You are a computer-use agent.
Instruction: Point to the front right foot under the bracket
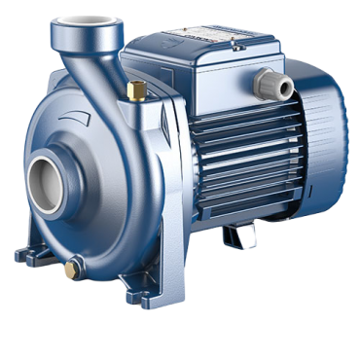156,288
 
